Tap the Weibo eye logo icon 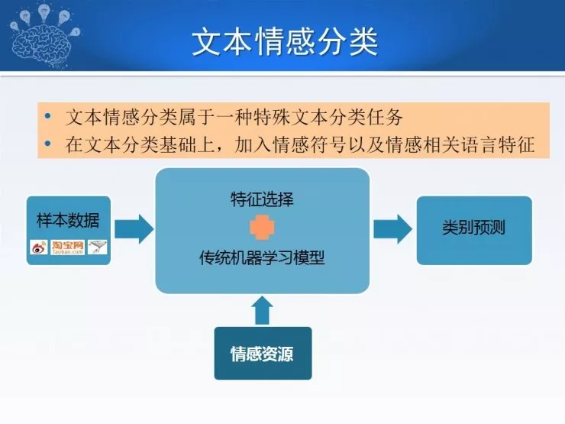coord(39,247)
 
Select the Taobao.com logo coord(67,247)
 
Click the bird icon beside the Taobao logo coord(97,247)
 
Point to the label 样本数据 coord(68,222)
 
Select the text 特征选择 coord(262,199)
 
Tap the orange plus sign coord(262,228)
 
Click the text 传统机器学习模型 coord(262,257)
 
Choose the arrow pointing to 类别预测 coord(392,228)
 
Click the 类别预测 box coord(473,228)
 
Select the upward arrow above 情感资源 coord(262,309)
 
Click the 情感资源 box coord(262,354)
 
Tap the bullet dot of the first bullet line coord(48,118)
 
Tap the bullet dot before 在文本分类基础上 coord(48,144)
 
